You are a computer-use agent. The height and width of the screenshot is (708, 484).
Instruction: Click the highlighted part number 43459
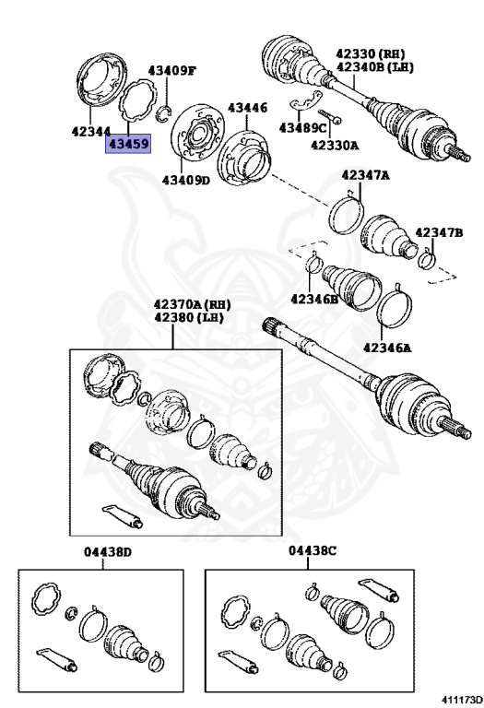(128, 144)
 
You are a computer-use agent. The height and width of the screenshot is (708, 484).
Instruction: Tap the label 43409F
(172, 71)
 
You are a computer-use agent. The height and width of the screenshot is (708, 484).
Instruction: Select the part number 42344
(91, 132)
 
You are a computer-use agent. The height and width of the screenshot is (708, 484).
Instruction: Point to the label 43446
(247, 109)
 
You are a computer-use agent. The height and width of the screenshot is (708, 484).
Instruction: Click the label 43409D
(186, 181)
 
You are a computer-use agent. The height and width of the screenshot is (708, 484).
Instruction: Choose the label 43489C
(302, 128)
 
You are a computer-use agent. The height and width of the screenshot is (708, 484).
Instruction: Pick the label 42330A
(335, 146)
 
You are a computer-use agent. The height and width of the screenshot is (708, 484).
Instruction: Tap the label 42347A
(365, 176)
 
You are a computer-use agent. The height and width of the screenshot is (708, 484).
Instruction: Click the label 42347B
(439, 233)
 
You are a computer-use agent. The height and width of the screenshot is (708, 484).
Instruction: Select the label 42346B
(314, 299)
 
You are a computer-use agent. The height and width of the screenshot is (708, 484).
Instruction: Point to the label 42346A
(387, 348)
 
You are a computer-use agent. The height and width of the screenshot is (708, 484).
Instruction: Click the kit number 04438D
(108, 552)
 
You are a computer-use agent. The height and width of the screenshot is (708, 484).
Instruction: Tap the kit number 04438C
(313, 551)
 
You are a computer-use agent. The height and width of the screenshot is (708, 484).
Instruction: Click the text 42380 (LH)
(189, 318)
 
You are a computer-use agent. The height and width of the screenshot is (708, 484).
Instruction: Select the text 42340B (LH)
(374, 67)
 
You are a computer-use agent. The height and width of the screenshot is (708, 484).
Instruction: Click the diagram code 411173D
(462, 700)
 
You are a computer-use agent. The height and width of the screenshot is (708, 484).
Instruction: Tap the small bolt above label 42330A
(330, 116)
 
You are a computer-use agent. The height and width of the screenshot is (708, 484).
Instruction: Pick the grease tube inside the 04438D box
(57, 659)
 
